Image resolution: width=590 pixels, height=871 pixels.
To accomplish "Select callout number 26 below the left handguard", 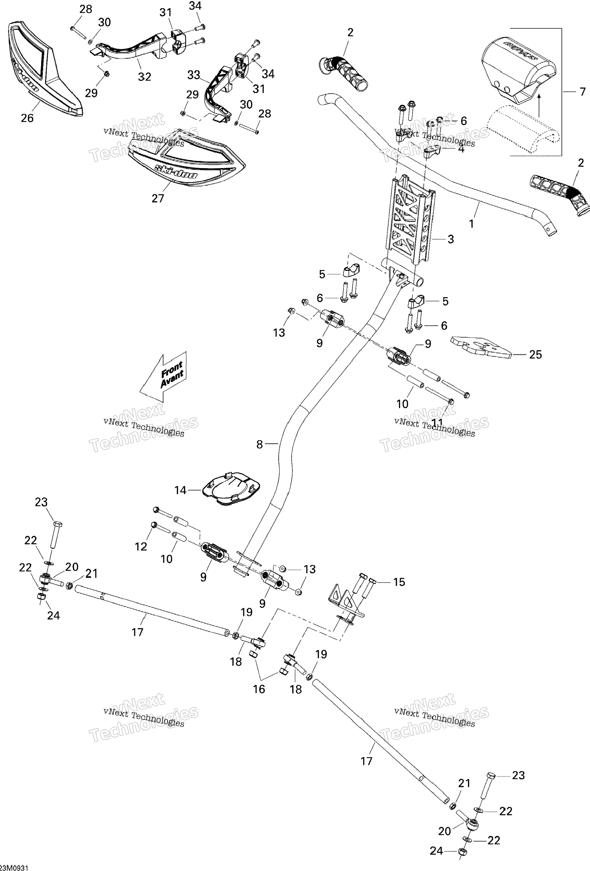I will click(x=27, y=118).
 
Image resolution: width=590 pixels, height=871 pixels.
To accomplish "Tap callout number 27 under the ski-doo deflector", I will click(x=158, y=198).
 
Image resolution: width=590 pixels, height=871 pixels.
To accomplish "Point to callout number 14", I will click(x=180, y=490).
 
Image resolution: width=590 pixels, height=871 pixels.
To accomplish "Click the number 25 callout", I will click(x=535, y=354).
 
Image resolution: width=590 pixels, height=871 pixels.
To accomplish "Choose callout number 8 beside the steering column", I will click(x=260, y=445).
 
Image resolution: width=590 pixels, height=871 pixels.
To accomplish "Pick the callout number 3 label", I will click(x=450, y=239).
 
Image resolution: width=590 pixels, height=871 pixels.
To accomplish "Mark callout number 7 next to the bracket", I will click(x=582, y=91).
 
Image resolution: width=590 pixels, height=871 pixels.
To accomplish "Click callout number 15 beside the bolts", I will click(x=399, y=582).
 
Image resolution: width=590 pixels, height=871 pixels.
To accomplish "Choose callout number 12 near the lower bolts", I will click(x=141, y=547).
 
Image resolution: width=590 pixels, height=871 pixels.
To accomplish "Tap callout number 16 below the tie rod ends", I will click(x=259, y=689).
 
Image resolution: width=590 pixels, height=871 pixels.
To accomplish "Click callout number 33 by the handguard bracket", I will click(x=194, y=75).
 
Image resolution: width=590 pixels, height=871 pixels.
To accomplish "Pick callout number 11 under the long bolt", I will click(x=437, y=423).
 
